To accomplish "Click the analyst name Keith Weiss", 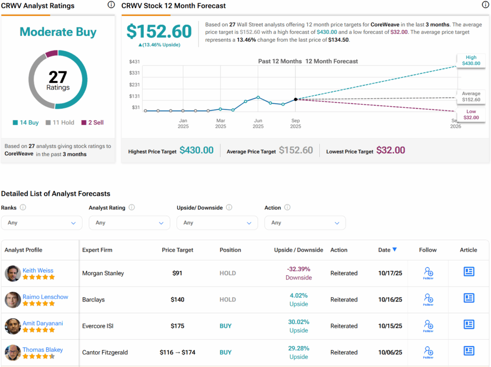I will pyautogui.click(x=38, y=270).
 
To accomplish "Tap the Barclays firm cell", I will pyautogui.click(x=93, y=300).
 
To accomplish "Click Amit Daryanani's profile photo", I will pyautogui.click(x=13, y=326).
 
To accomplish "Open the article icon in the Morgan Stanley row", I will pyautogui.click(x=468, y=272).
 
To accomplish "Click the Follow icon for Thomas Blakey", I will pyautogui.click(x=428, y=352).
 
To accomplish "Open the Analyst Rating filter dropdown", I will pyautogui.click(x=129, y=222).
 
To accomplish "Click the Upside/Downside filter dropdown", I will pyautogui.click(x=217, y=222).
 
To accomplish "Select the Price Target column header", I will pyautogui.click(x=177, y=250).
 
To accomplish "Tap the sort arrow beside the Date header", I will pyautogui.click(x=395, y=249).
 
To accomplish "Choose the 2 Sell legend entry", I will pyautogui.click(x=93, y=122).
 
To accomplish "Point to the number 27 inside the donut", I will pyautogui.click(x=58, y=77).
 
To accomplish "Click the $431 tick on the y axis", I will pyautogui.click(x=134, y=62).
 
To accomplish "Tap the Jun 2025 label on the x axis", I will pyautogui.click(x=258, y=123).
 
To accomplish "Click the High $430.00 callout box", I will pyautogui.click(x=471, y=60).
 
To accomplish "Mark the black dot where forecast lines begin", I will pyautogui.click(x=295, y=99).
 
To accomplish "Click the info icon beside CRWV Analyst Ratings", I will pyautogui.click(x=111, y=5).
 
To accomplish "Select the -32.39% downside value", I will pyautogui.click(x=298, y=269).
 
